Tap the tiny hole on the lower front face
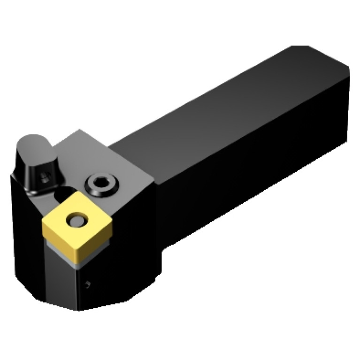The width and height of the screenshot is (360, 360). pos(88,283)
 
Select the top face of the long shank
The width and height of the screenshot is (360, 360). pos(225,113)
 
